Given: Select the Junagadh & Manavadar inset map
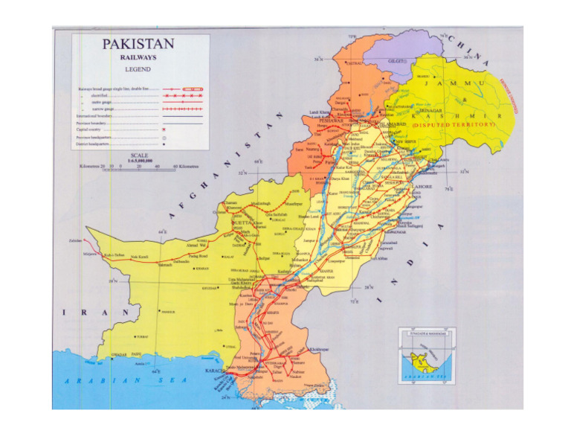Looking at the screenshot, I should [427, 358].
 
